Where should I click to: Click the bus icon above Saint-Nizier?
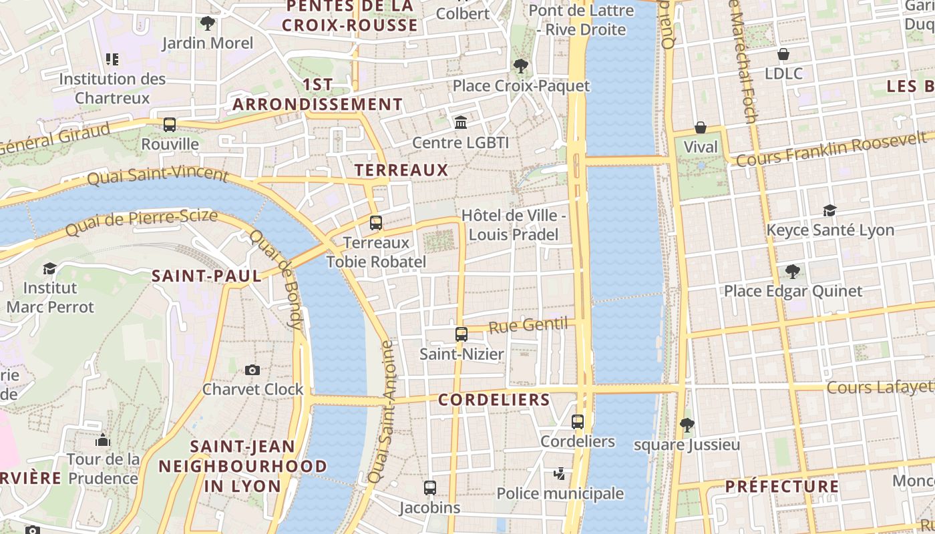coord(461,334)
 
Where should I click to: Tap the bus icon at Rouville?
coord(170,125)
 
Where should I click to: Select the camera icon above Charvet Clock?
coord(252,370)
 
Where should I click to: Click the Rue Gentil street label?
coord(528,326)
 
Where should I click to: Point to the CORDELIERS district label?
coord(494,400)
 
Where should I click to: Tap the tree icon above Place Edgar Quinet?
coord(793,272)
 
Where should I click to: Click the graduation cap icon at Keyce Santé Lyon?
coord(829,210)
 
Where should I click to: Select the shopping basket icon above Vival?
coord(701,127)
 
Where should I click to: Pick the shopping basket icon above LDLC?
coord(783,54)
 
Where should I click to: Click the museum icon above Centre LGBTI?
coord(460,123)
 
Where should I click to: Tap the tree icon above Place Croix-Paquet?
coord(520,66)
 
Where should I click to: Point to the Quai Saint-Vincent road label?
coord(158,176)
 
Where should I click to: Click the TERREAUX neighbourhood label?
coord(401,170)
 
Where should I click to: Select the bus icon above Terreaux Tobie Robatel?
coord(376,223)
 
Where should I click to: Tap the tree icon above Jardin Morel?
coord(208,23)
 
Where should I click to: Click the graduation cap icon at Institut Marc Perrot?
coord(49,268)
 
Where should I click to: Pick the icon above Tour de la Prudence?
coord(103,440)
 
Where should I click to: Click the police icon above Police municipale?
coord(560,474)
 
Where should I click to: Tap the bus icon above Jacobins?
coord(430,488)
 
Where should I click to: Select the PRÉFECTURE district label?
coord(781,487)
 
